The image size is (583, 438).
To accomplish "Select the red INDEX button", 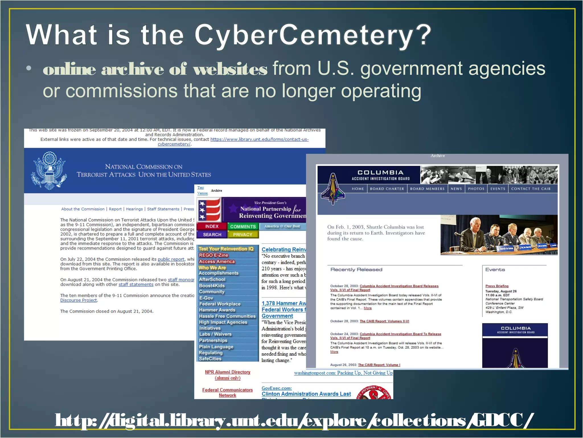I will click(212, 226).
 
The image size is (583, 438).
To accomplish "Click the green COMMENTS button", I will click(243, 227).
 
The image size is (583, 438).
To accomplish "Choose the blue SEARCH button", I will click(212, 234).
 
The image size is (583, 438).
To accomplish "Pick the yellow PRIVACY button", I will click(243, 234).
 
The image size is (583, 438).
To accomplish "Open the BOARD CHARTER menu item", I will click(387, 189).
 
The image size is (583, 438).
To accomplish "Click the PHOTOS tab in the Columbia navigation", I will click(476, 189).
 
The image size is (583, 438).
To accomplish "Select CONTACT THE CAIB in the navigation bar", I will click(531, 189).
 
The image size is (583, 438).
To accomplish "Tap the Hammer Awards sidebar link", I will click(217, 310).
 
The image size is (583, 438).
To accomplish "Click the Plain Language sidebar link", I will click(216, 347).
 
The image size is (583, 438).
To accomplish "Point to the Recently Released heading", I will click(356, 269).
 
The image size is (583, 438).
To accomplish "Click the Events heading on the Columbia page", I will click(495, 269).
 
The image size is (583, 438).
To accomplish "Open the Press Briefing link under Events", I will click(497, 286).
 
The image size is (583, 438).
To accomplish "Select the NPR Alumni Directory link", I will click(227, 372).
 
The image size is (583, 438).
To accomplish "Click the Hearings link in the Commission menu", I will click(134, 209).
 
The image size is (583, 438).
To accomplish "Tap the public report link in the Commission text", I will click(171, 259).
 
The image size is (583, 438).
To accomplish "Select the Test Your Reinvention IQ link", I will click(226, 249).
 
